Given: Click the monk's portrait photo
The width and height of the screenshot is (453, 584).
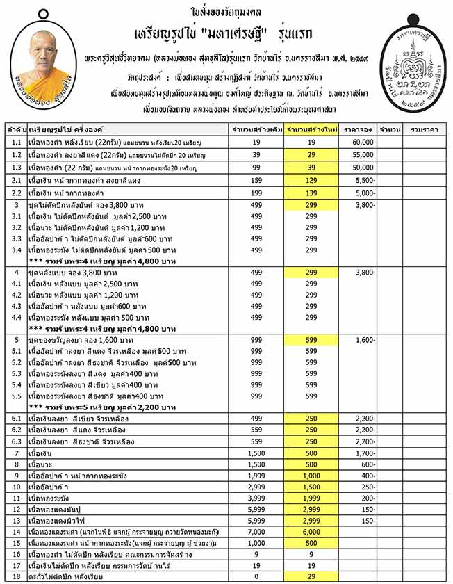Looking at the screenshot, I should point(44,68).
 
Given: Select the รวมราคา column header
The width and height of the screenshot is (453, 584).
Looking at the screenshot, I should point(425,129).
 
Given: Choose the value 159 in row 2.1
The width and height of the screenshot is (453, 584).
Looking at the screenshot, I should point(257,180).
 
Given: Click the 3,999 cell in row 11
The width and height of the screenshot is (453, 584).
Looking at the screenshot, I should point(257,498).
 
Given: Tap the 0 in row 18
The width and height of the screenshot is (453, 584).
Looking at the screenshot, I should point(257,576).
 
